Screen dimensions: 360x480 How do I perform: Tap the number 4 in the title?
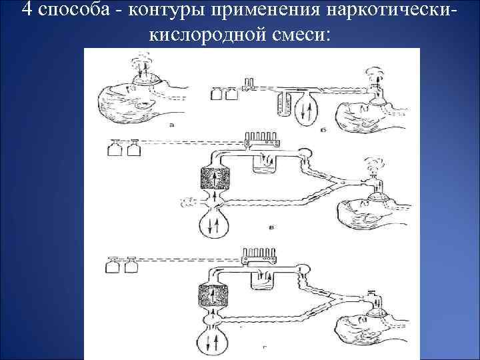27,11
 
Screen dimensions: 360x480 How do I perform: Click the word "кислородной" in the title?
202,34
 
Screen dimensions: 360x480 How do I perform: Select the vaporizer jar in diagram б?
282,105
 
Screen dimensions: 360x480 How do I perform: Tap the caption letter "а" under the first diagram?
173,125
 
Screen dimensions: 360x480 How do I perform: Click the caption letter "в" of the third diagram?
271,228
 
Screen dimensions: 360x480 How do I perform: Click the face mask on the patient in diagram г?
379,308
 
